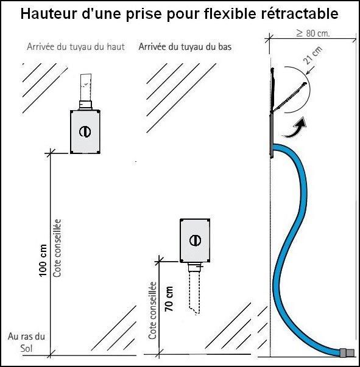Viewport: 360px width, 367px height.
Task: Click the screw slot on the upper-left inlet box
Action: pyautogui.click(x=86, y=131)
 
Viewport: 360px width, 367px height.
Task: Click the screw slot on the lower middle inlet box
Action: pyautogui.click(x=195, y=239)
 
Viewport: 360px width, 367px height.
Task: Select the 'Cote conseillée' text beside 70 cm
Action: pyautogui.click(x=153, y=310)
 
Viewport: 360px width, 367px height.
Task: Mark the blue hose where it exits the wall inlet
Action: pyautogui.click(x=281, y=149)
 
